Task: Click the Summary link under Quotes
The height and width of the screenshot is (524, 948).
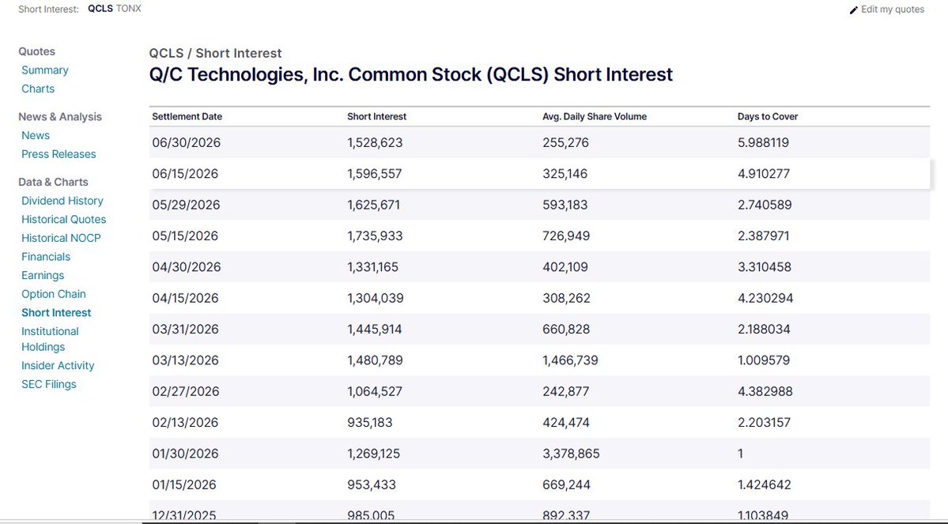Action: [x=45, y=70]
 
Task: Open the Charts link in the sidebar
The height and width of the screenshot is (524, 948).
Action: [x=38, y=89]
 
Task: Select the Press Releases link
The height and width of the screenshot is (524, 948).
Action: [x=59, y=154]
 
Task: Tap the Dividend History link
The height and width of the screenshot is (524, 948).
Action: [x=62, y=201]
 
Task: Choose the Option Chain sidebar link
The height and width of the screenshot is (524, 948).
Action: [x=54, y=294]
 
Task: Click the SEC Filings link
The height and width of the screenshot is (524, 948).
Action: [x=49, y=384]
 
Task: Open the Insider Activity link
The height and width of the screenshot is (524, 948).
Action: [x=58, y=366]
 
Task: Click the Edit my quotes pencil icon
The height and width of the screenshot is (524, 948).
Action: [x=854, y=9]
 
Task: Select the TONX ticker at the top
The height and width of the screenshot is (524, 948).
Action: [x=128, y=9]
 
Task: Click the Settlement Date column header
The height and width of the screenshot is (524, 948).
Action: [x=187, y=117]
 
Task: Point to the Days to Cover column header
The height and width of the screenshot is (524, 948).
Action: [x=768, y=117]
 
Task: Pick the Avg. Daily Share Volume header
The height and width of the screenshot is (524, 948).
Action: [x=595, y=117]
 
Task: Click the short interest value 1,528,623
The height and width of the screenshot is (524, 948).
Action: [x=375, y=142]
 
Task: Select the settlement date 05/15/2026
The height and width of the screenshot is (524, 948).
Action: [x=185, y=236]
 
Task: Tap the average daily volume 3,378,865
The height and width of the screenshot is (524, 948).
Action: [x=571, y=454]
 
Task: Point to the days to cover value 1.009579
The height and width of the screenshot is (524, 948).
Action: [x=764, y=360]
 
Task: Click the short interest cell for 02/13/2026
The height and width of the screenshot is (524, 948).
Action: [x=369, y=423]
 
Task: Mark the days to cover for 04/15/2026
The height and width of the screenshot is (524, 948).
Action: [x=765, y=298]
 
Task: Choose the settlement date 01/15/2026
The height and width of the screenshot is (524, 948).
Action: [x=183, y=484]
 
